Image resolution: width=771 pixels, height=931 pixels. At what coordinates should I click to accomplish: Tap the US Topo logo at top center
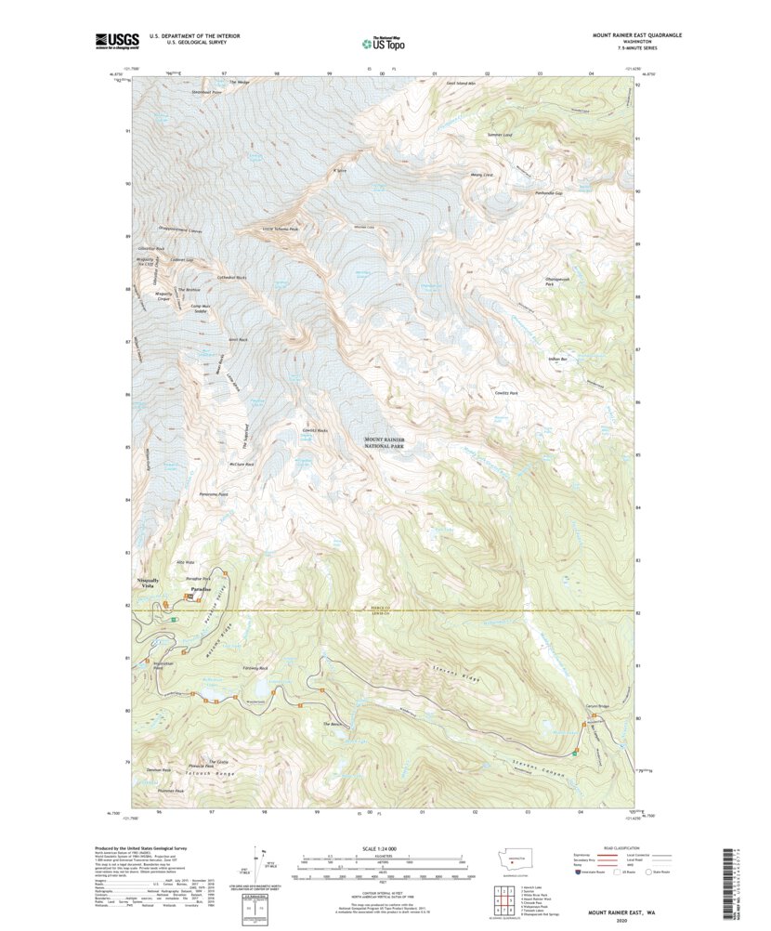(383, 42)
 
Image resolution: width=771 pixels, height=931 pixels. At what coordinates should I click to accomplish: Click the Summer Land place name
(500, 135)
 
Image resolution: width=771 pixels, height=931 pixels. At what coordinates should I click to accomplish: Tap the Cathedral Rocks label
(232, 278)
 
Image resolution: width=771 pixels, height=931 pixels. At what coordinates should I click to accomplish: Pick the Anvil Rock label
(237, 340)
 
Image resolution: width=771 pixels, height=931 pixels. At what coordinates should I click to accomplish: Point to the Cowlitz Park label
(505, 394)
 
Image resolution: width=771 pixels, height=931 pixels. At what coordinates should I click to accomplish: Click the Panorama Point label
(213, 494)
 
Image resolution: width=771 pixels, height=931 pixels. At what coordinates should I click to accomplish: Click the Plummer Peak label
(172, 791)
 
